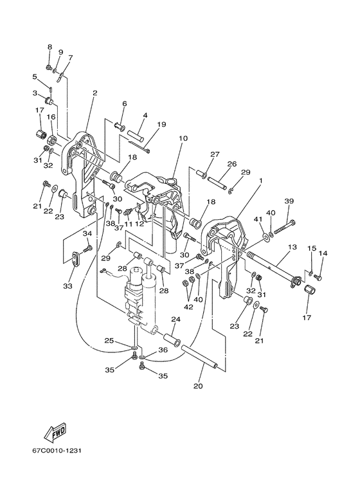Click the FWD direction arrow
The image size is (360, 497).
click(x=56, y=432)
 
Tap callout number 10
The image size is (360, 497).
click(x=183, y=138)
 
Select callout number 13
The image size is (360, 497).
click(x=292, y=247)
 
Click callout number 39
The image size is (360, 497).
click(x=289, y=201)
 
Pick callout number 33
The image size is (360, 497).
click(x=67, y=286)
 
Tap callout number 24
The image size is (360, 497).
click(x=176, y=319)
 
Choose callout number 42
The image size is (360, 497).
click(x=188, y=307)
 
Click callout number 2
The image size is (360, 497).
click(x=94, y=93)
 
